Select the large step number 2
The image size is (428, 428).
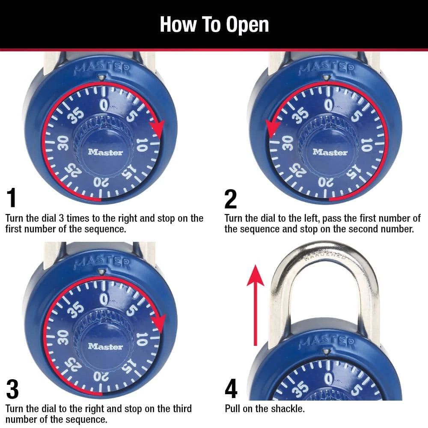[x=230, y=198]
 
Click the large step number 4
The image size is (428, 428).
[x=231, y=389]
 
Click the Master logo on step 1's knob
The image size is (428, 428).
[x=105, y=152]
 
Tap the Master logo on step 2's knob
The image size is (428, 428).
[x=330, y=152]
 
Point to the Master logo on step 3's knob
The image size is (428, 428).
[x=105, y=346]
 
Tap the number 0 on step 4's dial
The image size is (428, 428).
[x=328, y=379]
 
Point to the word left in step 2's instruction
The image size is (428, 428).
[x=302, y=219]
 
